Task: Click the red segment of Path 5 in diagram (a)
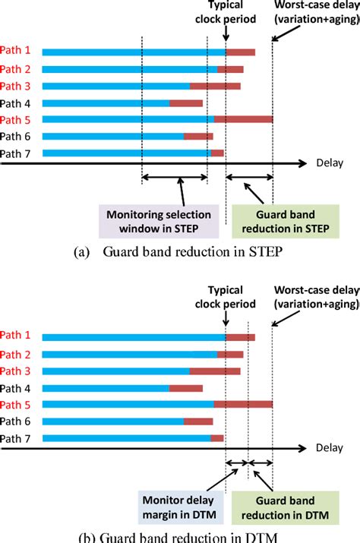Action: pyautogui.click(x=243, y=119)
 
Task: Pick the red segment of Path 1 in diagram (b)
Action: pyautogui.click(x=240, y=336)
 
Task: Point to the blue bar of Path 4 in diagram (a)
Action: pyautogui.click(x=106, y=103)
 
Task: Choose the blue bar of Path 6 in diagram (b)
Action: pyautogui.click(x=113, y=421)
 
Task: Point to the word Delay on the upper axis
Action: pyautogui.click(x=329, y=163)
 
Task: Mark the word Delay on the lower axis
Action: pyautogui.click(x=329, y=447)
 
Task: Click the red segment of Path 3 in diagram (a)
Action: pyautogui.click(x=215, y=86)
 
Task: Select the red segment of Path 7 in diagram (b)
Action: pyautogui.click(x=217, y=438)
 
